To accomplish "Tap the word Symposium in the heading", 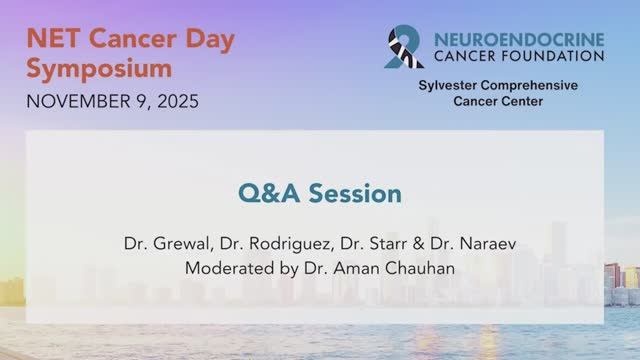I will [98, 68].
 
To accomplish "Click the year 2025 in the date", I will [175, 102].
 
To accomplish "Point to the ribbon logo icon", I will [404, 47].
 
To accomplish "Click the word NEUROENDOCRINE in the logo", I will [520, 37].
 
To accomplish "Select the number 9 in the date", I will [137, 102].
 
